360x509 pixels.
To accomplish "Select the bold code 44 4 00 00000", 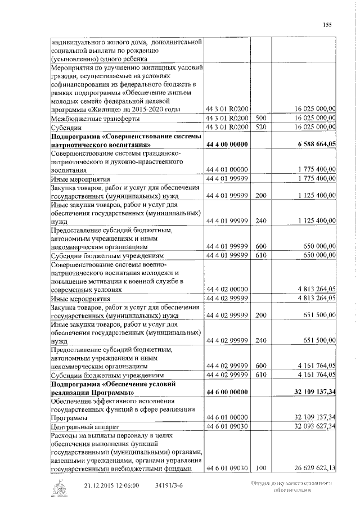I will click(x=227, y=145).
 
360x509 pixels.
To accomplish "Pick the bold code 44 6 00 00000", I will click(x=227, y=391).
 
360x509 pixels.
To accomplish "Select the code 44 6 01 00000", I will click(x=227, y=418).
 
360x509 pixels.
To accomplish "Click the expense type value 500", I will click(x=260, y=118).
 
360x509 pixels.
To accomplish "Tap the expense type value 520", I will click(x=260, y=127).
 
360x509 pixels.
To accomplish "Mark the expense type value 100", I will click(x=260, y=468).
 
